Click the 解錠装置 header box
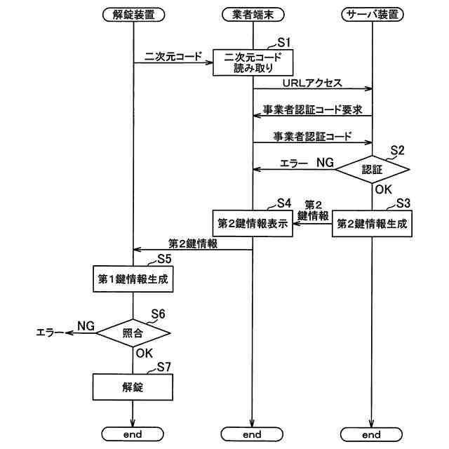point(133,15)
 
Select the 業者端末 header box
point(253,15)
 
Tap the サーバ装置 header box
point(373,15)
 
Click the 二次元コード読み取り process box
point(253,62)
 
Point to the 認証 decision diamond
point(373,170)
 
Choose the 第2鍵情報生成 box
point(372,224)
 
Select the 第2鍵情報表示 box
point(253,223)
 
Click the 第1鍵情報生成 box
point(133,279)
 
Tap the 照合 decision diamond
point(133,333)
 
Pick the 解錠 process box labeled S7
point(133,387)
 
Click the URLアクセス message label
point(312,83)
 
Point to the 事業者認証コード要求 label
point(313,109)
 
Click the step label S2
point(398,150)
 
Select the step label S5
point(164,259)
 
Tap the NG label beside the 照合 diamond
point(86,326)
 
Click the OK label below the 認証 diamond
point(384,189)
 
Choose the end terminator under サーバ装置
point(371,434)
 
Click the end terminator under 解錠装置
point(133,434)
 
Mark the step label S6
point(158,314)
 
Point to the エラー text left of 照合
point(50,333)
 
